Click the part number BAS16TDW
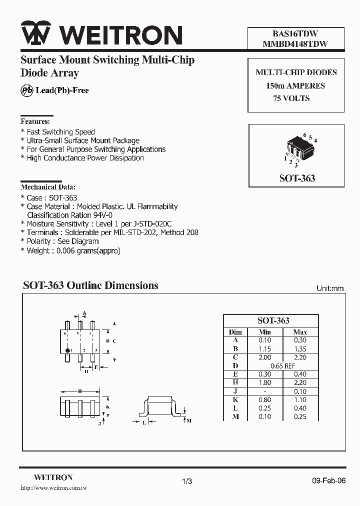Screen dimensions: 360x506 pyautogui.click(x=295, y=34)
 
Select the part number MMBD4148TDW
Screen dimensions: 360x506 pyautogui.click(x=295, y=44)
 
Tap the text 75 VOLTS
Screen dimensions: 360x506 pyautogui.click(x=291, y=98)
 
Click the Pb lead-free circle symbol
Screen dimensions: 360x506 pyautogui.click(x=26, y=90)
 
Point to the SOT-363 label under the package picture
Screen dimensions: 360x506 pyautogui.click(x=296, y=178)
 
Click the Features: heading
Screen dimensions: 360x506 pyautogui.click(x=35, y=121)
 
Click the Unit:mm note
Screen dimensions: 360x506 pyautogui.click(x=330, y=288)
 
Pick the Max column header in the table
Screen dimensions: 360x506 pyautogui.click(x=300, y=332)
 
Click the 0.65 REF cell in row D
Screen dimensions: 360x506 pyautogui.click(x=282, y=365)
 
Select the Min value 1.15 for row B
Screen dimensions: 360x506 pyautogui.click(x=264, y=348)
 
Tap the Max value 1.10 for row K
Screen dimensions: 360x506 pyautogui.click(x=300, y=399)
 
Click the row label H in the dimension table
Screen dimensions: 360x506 pyautogui.click(x=235, y=382)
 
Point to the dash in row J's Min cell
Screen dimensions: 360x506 pyautogui.click(x=264, y=391)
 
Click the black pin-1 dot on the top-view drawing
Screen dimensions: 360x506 pyautogui.click(x=68, y=349)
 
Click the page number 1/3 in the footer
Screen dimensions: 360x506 pyautogui.click(x=187, y=481)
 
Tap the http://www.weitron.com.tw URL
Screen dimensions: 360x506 pyautogui.click(x=53, y=487)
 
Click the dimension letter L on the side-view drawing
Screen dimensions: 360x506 pyautogui.click(x=144, y=422)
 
